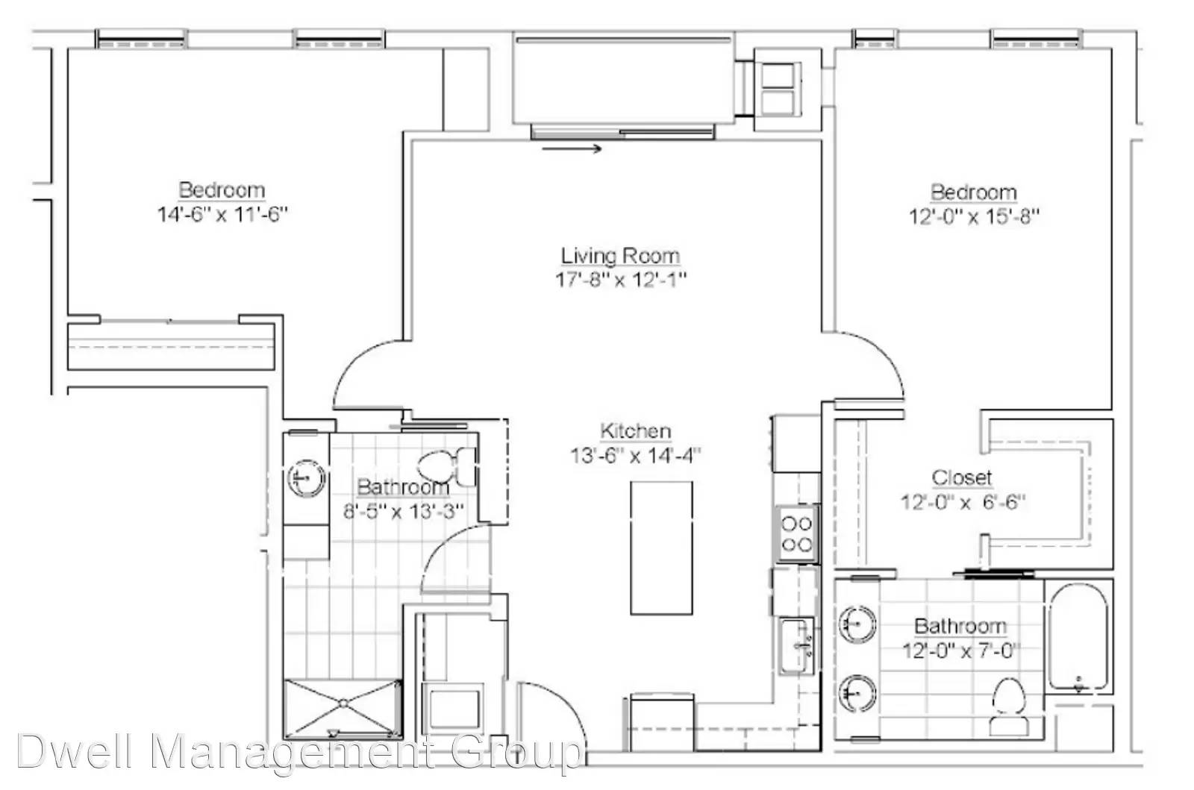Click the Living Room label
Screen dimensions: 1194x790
[620, 256]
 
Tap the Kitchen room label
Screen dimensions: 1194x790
[635, 431]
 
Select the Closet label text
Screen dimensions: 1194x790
[962, 477]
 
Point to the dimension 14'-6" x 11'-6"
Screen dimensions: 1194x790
[222, 214]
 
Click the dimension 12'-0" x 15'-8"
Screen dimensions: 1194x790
[974, 217]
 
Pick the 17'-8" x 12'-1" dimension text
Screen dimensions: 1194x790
[621, 279]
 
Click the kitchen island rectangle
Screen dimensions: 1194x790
[661, 548]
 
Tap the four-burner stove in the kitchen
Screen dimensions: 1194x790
[796, 534]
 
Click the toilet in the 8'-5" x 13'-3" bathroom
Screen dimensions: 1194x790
[447, 466]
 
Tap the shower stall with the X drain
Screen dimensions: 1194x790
[343, 709]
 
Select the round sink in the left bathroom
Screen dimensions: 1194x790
[307, 478]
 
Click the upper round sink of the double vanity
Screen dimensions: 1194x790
[857, 623]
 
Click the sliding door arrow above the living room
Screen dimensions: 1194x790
[572, 148]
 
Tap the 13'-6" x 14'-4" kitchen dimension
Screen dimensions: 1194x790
[635, 456]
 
